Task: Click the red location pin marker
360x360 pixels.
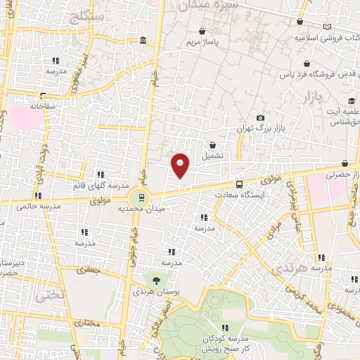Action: tap(181, 166)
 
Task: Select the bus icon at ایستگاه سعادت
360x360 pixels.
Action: tap(240, 184)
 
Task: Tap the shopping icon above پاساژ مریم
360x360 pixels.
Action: tap(203, 32)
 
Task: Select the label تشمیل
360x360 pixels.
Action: tap(213, 155)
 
